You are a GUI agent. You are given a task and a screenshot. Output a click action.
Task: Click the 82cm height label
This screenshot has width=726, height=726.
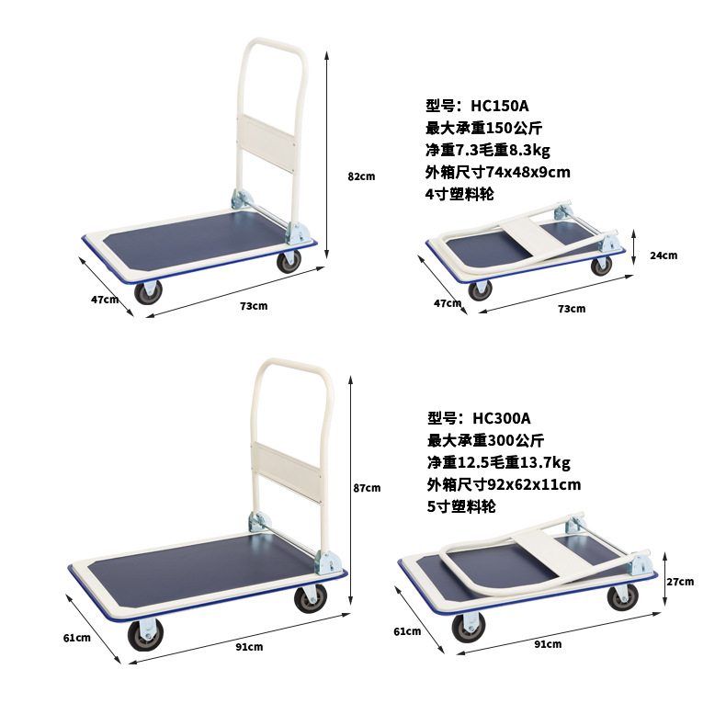[361, 176]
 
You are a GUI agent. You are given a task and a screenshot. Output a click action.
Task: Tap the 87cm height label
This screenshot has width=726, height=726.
[367, 488]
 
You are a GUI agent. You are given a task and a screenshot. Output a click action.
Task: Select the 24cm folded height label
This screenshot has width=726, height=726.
[663, 255]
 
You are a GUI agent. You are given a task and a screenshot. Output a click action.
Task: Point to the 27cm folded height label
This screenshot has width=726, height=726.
[679, 581]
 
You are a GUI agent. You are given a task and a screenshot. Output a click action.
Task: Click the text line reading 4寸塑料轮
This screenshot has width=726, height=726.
[459, 194]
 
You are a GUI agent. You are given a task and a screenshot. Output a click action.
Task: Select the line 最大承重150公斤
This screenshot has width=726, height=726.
[491, 128]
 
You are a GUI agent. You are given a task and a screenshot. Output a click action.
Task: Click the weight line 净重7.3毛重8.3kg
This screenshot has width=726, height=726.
[487, 150]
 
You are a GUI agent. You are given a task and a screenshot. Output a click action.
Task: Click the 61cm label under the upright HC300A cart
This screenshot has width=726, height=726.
[76, 637]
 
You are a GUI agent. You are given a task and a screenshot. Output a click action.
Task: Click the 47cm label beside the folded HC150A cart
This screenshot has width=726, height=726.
[448, 303]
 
